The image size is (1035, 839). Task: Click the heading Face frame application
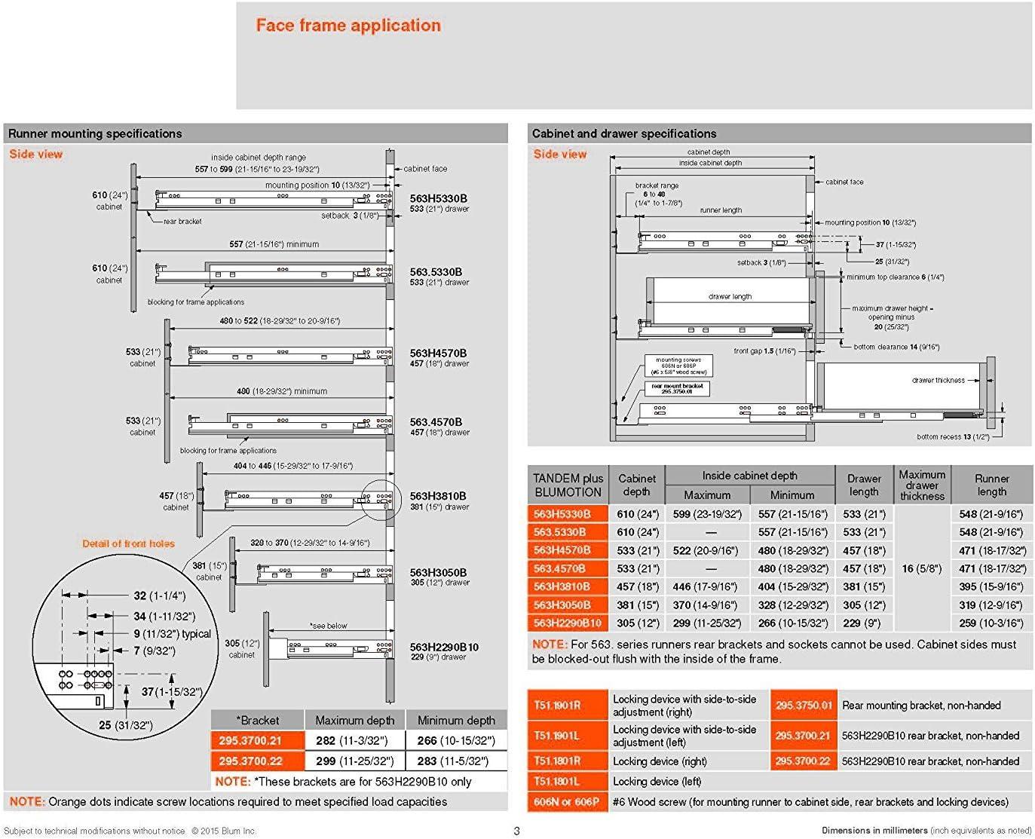click(x=348, y=26)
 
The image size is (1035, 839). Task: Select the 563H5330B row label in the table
click(x=562, y=514)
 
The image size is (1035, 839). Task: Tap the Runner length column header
click(x=991, y=485)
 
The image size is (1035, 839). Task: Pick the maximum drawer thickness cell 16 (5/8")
click(x=921, y=568)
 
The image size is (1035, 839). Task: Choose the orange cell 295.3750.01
click(x=804, y=706)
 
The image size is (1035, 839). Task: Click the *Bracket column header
click(x=257, y=720)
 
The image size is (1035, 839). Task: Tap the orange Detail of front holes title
click(x=128, y=544)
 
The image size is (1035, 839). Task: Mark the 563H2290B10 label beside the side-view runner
click(x=444, y=647)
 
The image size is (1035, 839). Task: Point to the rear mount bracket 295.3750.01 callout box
click(x=677, y=389)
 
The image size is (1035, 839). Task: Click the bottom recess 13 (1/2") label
click(x=953, y=436)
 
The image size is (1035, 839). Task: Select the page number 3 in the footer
click(x=516, y=831)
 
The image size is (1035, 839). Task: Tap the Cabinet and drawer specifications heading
click(x=623, y=133)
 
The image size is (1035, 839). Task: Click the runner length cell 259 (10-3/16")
click(x=991, y=623)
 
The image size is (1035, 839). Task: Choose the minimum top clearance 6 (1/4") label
click(x=895, y=277)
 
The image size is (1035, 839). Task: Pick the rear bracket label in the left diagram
click(x=182, y=222)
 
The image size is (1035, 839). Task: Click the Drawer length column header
click(x=864, y=485)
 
